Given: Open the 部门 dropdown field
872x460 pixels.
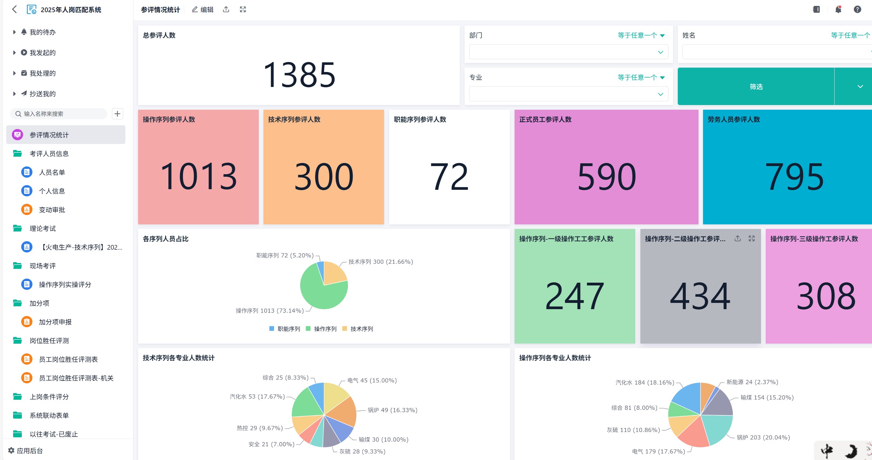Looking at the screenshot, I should tap(568, 52).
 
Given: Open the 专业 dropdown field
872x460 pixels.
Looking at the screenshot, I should tap(568, 94).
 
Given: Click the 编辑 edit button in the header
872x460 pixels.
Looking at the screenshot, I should tap(203, 9).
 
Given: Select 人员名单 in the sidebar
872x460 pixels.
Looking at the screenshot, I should tap(52, 172).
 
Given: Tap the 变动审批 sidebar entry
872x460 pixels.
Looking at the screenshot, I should tap(52, 210).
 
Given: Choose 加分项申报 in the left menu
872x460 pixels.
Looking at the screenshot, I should tap(55, 322).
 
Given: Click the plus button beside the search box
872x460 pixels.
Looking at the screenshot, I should tap(118, 114).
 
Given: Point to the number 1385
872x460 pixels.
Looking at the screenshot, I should tap(299, 75).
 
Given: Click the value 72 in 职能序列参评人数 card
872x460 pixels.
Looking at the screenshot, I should tap(449, 176).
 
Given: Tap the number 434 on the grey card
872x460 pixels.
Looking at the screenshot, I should tap(700, 296).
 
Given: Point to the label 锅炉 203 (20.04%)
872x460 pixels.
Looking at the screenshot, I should tap(763, 437).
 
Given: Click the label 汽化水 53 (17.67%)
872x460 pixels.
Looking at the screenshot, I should tap(257, 396).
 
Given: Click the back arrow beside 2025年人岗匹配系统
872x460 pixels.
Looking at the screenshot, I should tap(14, 9).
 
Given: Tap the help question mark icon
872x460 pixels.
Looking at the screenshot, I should tap(857, 9).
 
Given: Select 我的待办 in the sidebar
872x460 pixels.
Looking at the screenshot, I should tap(42, 32).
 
